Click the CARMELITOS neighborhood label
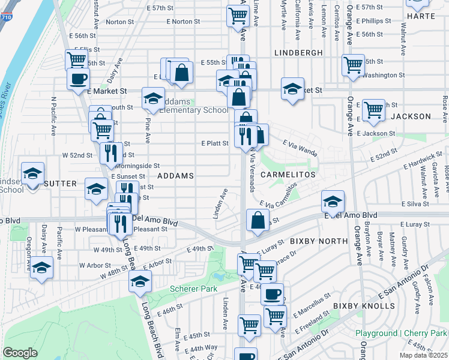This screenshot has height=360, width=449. pyautogui.click(x=288, y=173)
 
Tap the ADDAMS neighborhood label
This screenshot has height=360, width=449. pyautogui.click(x=175, y=176)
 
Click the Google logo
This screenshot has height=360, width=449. pyautogui.click(x=20, y=353)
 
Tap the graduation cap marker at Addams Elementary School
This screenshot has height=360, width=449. pyautogui.click(x=153, y=99)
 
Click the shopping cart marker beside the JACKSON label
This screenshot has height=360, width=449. pyautogui.click(x=373, y=110)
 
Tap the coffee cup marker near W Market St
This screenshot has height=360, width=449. pyautogui.click(x=78, y=79)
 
